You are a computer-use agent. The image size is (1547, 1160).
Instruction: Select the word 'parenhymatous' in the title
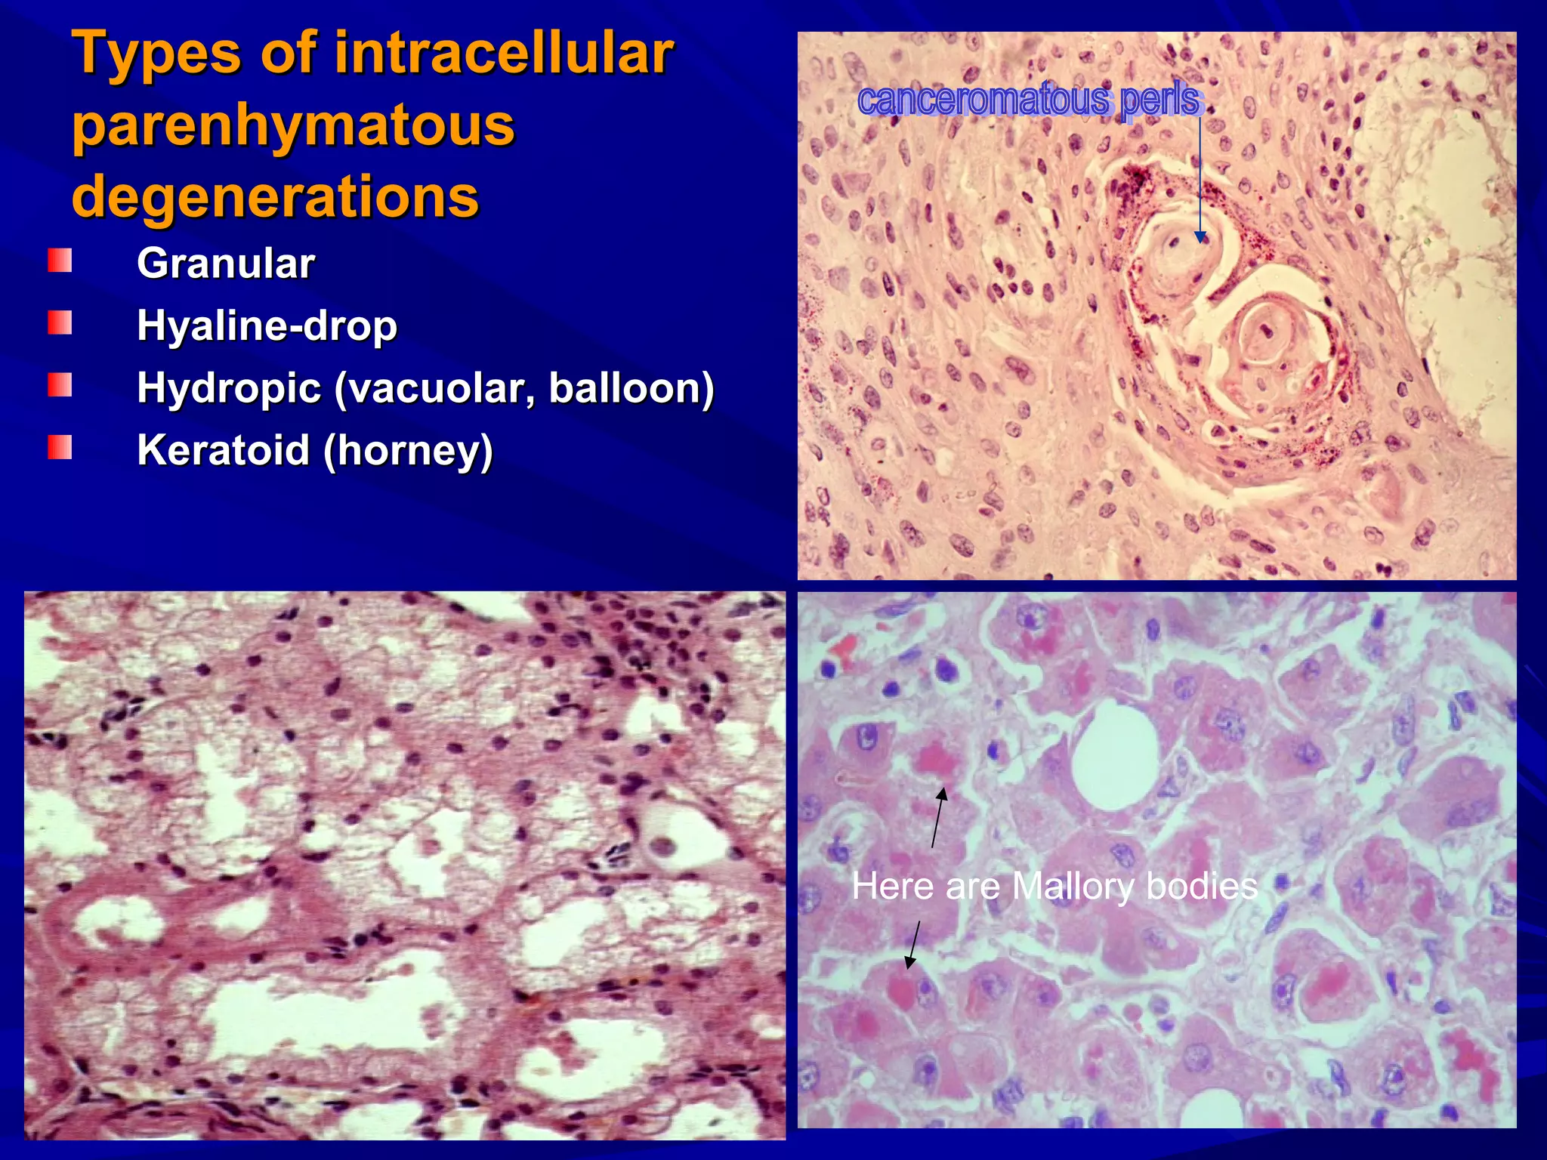pyautogui.click(x=293, y=125)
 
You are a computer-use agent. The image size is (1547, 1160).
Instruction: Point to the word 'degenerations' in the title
pyautogui.click(x=275, y=196)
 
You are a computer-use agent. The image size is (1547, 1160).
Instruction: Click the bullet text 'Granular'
pyautogui.click(x=225, y=264)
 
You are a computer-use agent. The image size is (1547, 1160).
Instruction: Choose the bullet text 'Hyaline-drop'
pyautogui.click(x=267, y=325)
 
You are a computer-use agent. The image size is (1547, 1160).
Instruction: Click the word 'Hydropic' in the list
pyautogui.click(x=229, y=388)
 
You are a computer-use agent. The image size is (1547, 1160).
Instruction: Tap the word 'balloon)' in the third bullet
pyautogui.click(x=631, y=388)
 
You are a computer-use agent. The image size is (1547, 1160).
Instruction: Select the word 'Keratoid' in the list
pyautogui.click(x=224, y=450)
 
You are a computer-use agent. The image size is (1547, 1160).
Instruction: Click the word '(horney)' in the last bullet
pyautogui.click(x=408, y=451)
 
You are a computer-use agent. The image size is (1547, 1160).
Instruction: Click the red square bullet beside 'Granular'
pyautogui.click(x=60, y=261)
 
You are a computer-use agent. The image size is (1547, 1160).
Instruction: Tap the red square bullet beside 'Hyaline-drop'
pyautogui.click(x=60, y=323)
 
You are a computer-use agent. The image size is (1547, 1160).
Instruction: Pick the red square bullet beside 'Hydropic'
pyautogui.click(x=60, y=385)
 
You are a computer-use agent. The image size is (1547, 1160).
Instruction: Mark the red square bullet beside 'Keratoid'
pyautogui.click(x=60, y=447)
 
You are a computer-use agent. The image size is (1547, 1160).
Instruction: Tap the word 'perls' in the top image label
pyautogui.click(x=1159, y=100)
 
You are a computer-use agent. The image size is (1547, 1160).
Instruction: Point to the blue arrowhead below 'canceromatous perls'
pyautogui.click(x=1200, y=237)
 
